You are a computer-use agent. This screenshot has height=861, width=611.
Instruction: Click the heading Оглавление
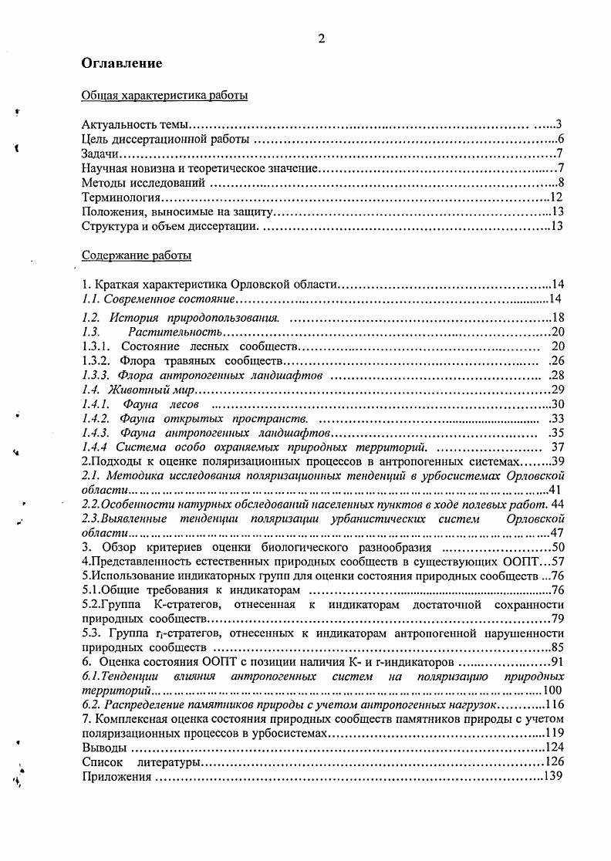click(121, 63)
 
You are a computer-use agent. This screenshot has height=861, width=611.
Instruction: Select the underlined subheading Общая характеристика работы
click(164, 96)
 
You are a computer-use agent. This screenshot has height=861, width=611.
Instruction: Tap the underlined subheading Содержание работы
click(137, 255)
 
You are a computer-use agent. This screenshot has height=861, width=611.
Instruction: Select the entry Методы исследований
click(143, 183)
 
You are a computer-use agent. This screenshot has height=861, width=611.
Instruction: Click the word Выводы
click(103, 748)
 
